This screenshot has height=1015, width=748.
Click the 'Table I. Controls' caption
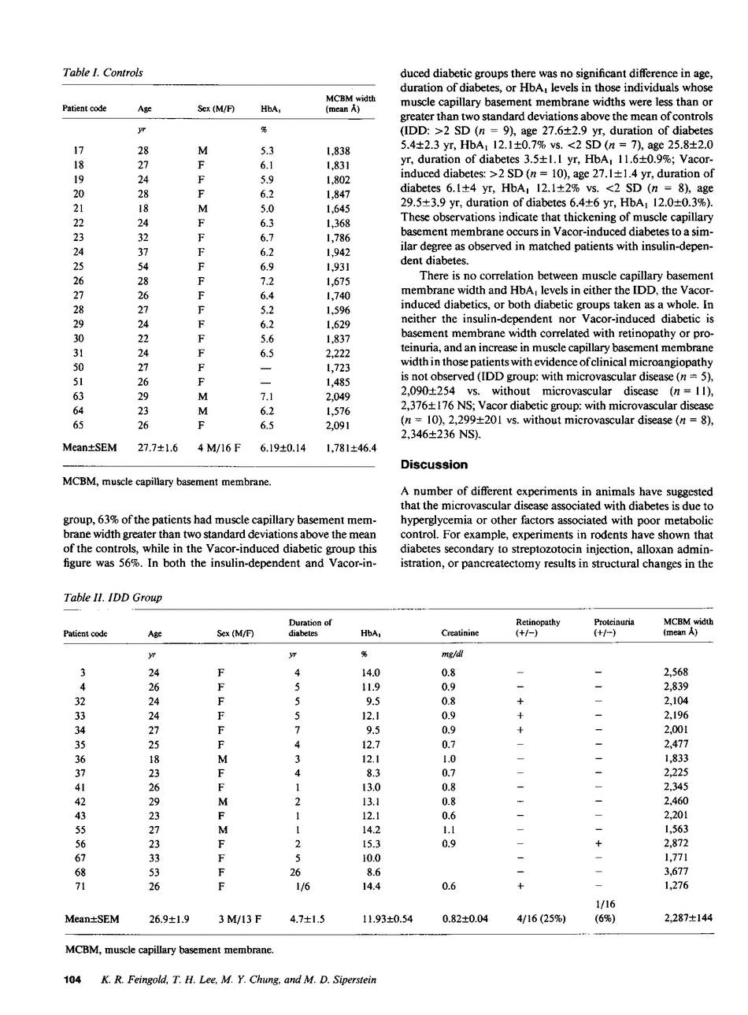point(102,72)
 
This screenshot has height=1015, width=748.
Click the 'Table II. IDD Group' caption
point(112,597)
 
